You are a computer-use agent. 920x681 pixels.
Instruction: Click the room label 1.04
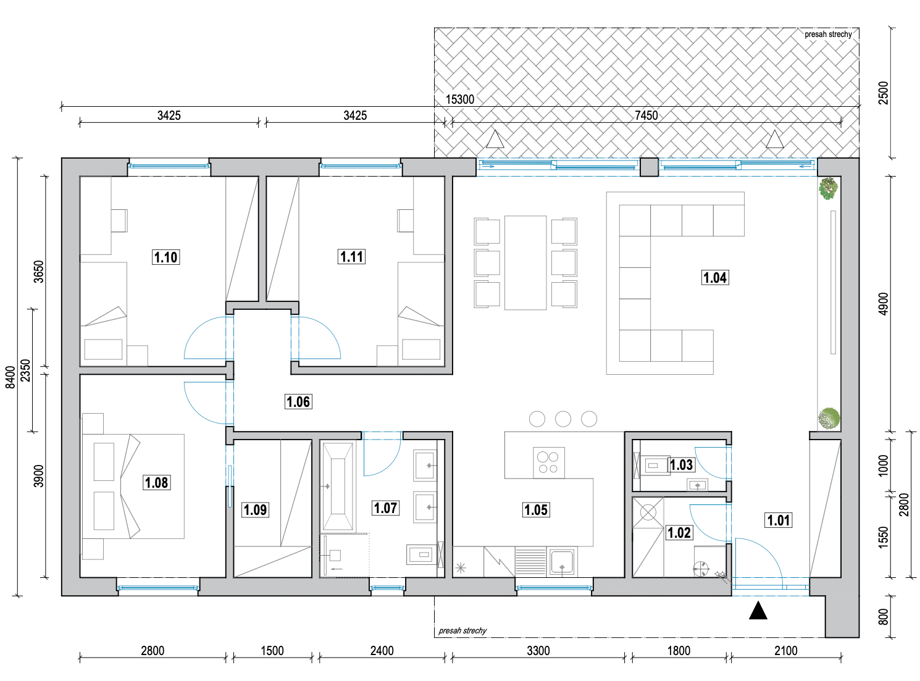point(714,277)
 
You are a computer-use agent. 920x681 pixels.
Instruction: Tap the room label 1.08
point(156,482)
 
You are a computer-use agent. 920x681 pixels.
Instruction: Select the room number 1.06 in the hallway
point(298,401)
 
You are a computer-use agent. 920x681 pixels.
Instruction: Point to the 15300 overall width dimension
point(459,99)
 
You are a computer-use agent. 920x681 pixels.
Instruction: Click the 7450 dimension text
point(646,115)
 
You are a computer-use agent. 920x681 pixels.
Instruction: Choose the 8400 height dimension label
point(10,377)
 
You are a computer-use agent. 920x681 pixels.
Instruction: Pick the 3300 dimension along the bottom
point(538,651)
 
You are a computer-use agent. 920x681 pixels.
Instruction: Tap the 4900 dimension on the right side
point(883,304)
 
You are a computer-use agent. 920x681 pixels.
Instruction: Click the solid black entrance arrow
point(758,610)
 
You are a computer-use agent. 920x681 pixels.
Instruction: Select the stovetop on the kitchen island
point(548,463)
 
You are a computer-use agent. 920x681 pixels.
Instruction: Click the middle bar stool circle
point(563,419)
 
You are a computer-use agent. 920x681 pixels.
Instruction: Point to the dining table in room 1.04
point(525,262)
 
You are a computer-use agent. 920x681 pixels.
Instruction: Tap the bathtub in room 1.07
point(338,486)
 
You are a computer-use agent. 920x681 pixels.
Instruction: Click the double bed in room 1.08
point(133,486)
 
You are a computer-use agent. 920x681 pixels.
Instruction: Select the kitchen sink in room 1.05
point(562,562)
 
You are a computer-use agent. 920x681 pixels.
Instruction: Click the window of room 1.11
point(361,166)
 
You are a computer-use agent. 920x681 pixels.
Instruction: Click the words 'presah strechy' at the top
point(828,35)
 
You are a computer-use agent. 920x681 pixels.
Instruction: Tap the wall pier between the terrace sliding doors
point(649,167)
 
